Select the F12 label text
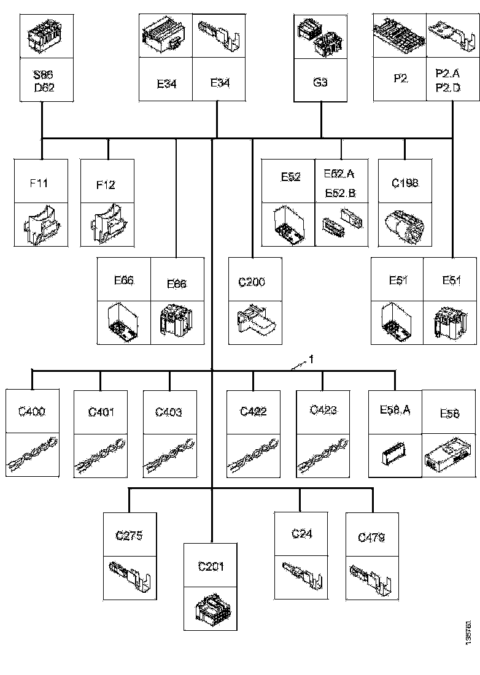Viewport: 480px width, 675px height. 106,185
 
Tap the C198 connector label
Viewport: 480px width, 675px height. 405,183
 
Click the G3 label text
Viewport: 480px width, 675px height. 320,82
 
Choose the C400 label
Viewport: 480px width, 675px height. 31,412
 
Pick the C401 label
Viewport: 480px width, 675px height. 101,412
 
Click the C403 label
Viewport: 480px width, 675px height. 169,412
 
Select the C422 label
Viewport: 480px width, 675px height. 253,412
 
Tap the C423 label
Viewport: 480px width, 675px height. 323,410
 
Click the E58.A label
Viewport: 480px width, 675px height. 395,409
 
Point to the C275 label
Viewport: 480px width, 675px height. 129,536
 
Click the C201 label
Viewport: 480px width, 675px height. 211,566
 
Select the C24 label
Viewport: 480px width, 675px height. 301,534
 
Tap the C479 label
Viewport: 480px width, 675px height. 371,538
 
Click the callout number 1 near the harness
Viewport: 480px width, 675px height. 311,360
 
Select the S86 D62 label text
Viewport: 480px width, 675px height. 44,82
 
